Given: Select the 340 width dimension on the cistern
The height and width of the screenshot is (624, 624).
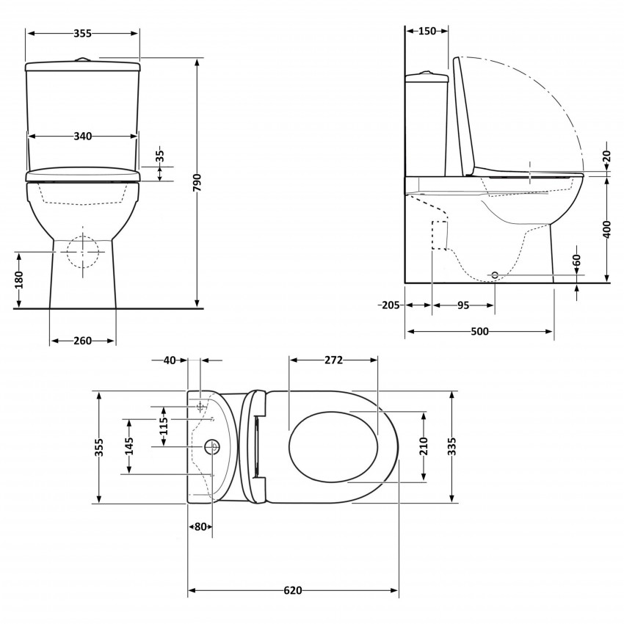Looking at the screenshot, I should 82,137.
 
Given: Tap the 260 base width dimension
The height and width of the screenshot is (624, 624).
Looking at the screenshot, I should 82,341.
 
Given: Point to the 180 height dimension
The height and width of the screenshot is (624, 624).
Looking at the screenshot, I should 19,279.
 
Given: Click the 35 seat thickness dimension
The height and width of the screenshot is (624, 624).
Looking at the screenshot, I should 161,156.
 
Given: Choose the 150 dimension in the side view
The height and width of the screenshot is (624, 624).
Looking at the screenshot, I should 427,31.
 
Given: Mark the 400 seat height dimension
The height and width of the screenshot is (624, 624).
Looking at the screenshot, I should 606,230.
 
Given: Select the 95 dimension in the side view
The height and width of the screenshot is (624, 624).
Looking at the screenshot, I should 463,305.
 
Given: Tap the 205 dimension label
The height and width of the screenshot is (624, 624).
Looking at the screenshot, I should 390,305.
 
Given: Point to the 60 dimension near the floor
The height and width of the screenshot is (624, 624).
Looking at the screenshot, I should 577,261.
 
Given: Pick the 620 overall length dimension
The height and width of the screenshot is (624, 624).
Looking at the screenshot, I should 293,591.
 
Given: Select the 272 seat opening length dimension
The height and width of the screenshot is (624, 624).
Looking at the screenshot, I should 333,360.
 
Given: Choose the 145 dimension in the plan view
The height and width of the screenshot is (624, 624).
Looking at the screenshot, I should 130,446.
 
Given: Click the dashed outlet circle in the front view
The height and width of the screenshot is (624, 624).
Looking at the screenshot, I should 82,252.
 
